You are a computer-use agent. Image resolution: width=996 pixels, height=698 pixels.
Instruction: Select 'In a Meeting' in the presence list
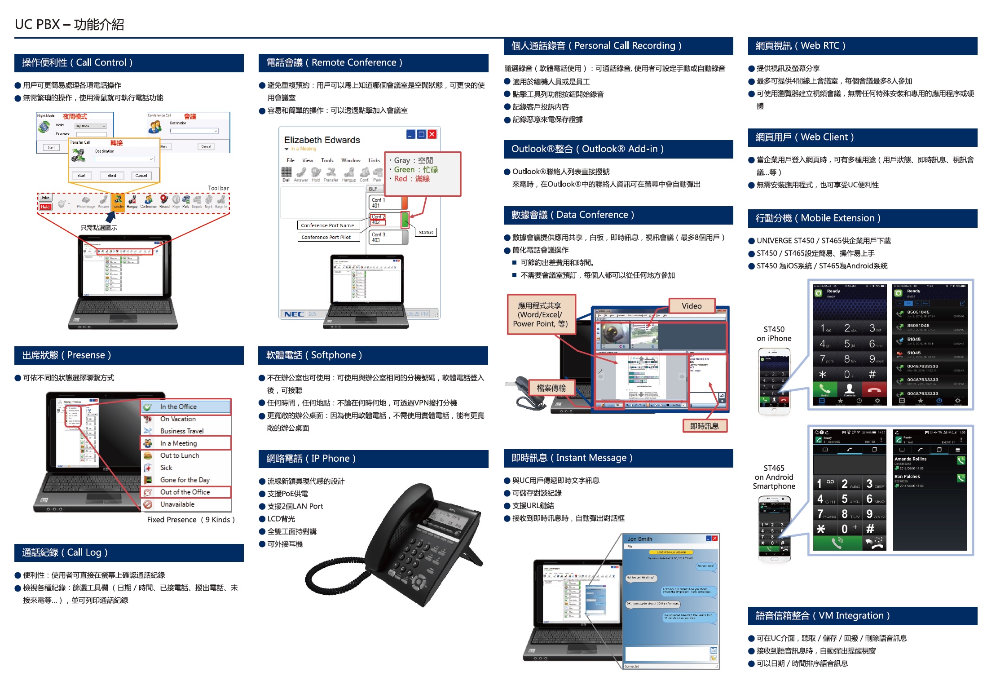tap(178, 443)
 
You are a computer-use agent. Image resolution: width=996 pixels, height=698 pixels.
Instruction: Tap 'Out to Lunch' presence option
tap(180, 455)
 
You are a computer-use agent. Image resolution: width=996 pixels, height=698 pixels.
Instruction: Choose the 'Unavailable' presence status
tap(177, 504)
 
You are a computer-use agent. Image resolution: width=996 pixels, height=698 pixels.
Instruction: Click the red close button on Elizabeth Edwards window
tap(432, 134)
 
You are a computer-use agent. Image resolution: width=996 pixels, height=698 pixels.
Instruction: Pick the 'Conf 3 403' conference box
tap(385, 237)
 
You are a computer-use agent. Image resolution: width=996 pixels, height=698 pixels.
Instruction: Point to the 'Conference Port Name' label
tap(327, 225)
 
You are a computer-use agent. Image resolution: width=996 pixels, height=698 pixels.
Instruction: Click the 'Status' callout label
tap(426, 232)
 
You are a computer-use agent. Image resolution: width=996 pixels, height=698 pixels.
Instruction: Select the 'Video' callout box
tap(691, 306)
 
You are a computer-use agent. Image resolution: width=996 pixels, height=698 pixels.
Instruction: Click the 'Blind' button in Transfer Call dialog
tap(112, 176)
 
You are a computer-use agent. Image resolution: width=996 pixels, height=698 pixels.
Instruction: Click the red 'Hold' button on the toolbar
tap(45, 207)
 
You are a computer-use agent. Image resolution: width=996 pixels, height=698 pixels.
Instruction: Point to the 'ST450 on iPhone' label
tap(774, 334)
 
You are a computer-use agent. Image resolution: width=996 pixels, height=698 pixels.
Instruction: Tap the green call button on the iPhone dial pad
tap(824, 389)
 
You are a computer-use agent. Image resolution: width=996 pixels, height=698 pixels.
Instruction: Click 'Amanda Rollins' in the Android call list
tap(910, 459)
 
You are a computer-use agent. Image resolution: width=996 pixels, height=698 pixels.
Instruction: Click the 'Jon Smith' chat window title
tap(640, 539)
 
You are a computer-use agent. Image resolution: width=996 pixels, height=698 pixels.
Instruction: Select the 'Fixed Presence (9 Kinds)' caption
tap(191, 520)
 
